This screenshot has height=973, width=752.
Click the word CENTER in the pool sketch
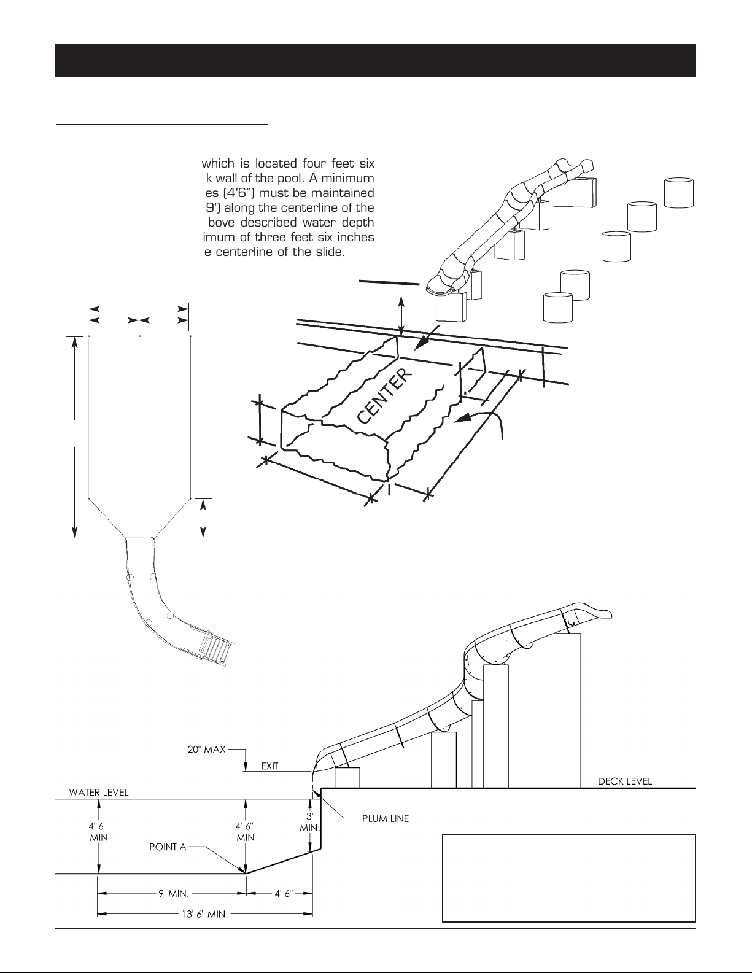(x=384, y=396)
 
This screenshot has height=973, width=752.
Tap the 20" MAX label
(x=206, y=749)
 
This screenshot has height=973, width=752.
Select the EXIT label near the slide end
(x=270, y=766)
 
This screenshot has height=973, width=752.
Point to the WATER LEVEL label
(x=98, y=792)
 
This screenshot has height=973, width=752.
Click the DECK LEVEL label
(x=625, y=781)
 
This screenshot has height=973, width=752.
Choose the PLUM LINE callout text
(x=386, y=818)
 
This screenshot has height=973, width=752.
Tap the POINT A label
(x=168, y=847)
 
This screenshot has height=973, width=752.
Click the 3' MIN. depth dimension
(x=310, y=823)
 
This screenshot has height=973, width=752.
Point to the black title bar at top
(x=376, y=61)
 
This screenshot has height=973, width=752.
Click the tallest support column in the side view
(x=568, y=710)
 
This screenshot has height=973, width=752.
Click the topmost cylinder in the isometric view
(x=678, y=193)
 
